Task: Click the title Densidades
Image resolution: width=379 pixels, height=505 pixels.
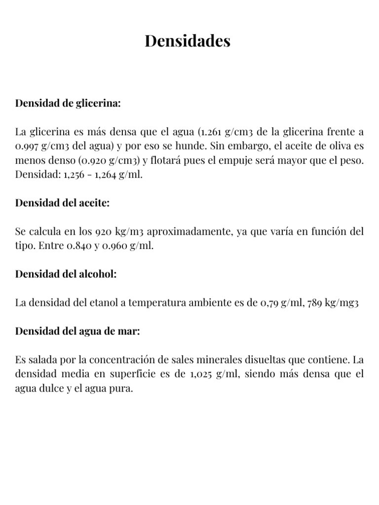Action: click(188, 41)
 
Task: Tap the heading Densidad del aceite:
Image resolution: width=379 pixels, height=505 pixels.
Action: click(62, 203)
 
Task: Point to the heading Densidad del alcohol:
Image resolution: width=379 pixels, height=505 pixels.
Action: click(66, 274)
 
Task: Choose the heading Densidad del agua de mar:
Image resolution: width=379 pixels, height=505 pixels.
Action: click(78, 331)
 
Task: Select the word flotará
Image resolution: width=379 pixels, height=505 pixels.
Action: click(166, 161)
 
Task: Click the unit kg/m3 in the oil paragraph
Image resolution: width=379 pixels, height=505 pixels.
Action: click(129, 232)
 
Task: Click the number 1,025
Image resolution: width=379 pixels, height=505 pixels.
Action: click(201, 374)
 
